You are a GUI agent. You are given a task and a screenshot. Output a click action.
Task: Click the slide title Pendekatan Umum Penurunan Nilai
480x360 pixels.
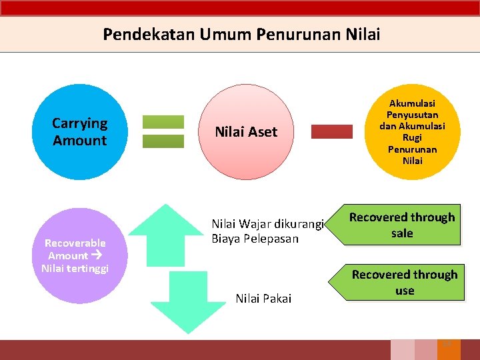point(241,34)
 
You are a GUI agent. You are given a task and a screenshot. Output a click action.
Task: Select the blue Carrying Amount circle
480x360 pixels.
point(80,132)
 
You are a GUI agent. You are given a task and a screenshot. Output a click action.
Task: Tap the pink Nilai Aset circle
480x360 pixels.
point(246,132)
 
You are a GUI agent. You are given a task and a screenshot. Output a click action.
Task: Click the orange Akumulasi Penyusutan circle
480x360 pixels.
point(412,132)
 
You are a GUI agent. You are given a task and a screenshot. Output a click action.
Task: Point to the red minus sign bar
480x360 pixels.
point(332,131)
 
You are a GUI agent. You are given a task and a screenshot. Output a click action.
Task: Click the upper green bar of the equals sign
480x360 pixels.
point(163,122)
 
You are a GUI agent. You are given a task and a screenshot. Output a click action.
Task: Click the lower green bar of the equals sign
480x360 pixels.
point(163,141)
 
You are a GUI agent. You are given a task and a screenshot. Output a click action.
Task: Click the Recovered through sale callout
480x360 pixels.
point(402,225)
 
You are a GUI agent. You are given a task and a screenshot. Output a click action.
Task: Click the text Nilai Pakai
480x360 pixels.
point(263,299)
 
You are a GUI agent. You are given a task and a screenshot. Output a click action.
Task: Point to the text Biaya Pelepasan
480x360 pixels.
point(255,239)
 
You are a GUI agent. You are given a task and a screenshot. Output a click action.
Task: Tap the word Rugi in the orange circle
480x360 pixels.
point(412,137)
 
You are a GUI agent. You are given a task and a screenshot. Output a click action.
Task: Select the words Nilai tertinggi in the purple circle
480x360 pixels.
point(75,268)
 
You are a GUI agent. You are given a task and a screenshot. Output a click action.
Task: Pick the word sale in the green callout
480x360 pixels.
point(402,233)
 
